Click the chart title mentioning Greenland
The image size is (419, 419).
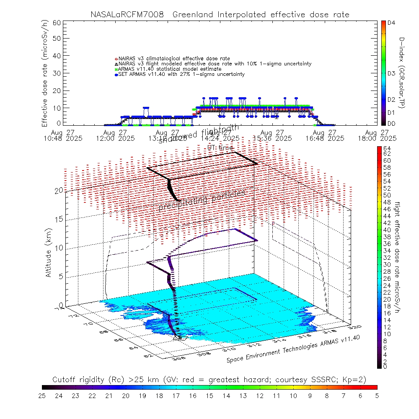tap(220, 15)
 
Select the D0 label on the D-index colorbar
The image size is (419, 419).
tap(392, 123)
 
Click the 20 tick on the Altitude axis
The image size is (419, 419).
tap(58, 190)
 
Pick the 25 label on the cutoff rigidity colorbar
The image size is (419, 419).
tap(42, 395)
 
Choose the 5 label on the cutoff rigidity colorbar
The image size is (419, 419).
tap(377, 395)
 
